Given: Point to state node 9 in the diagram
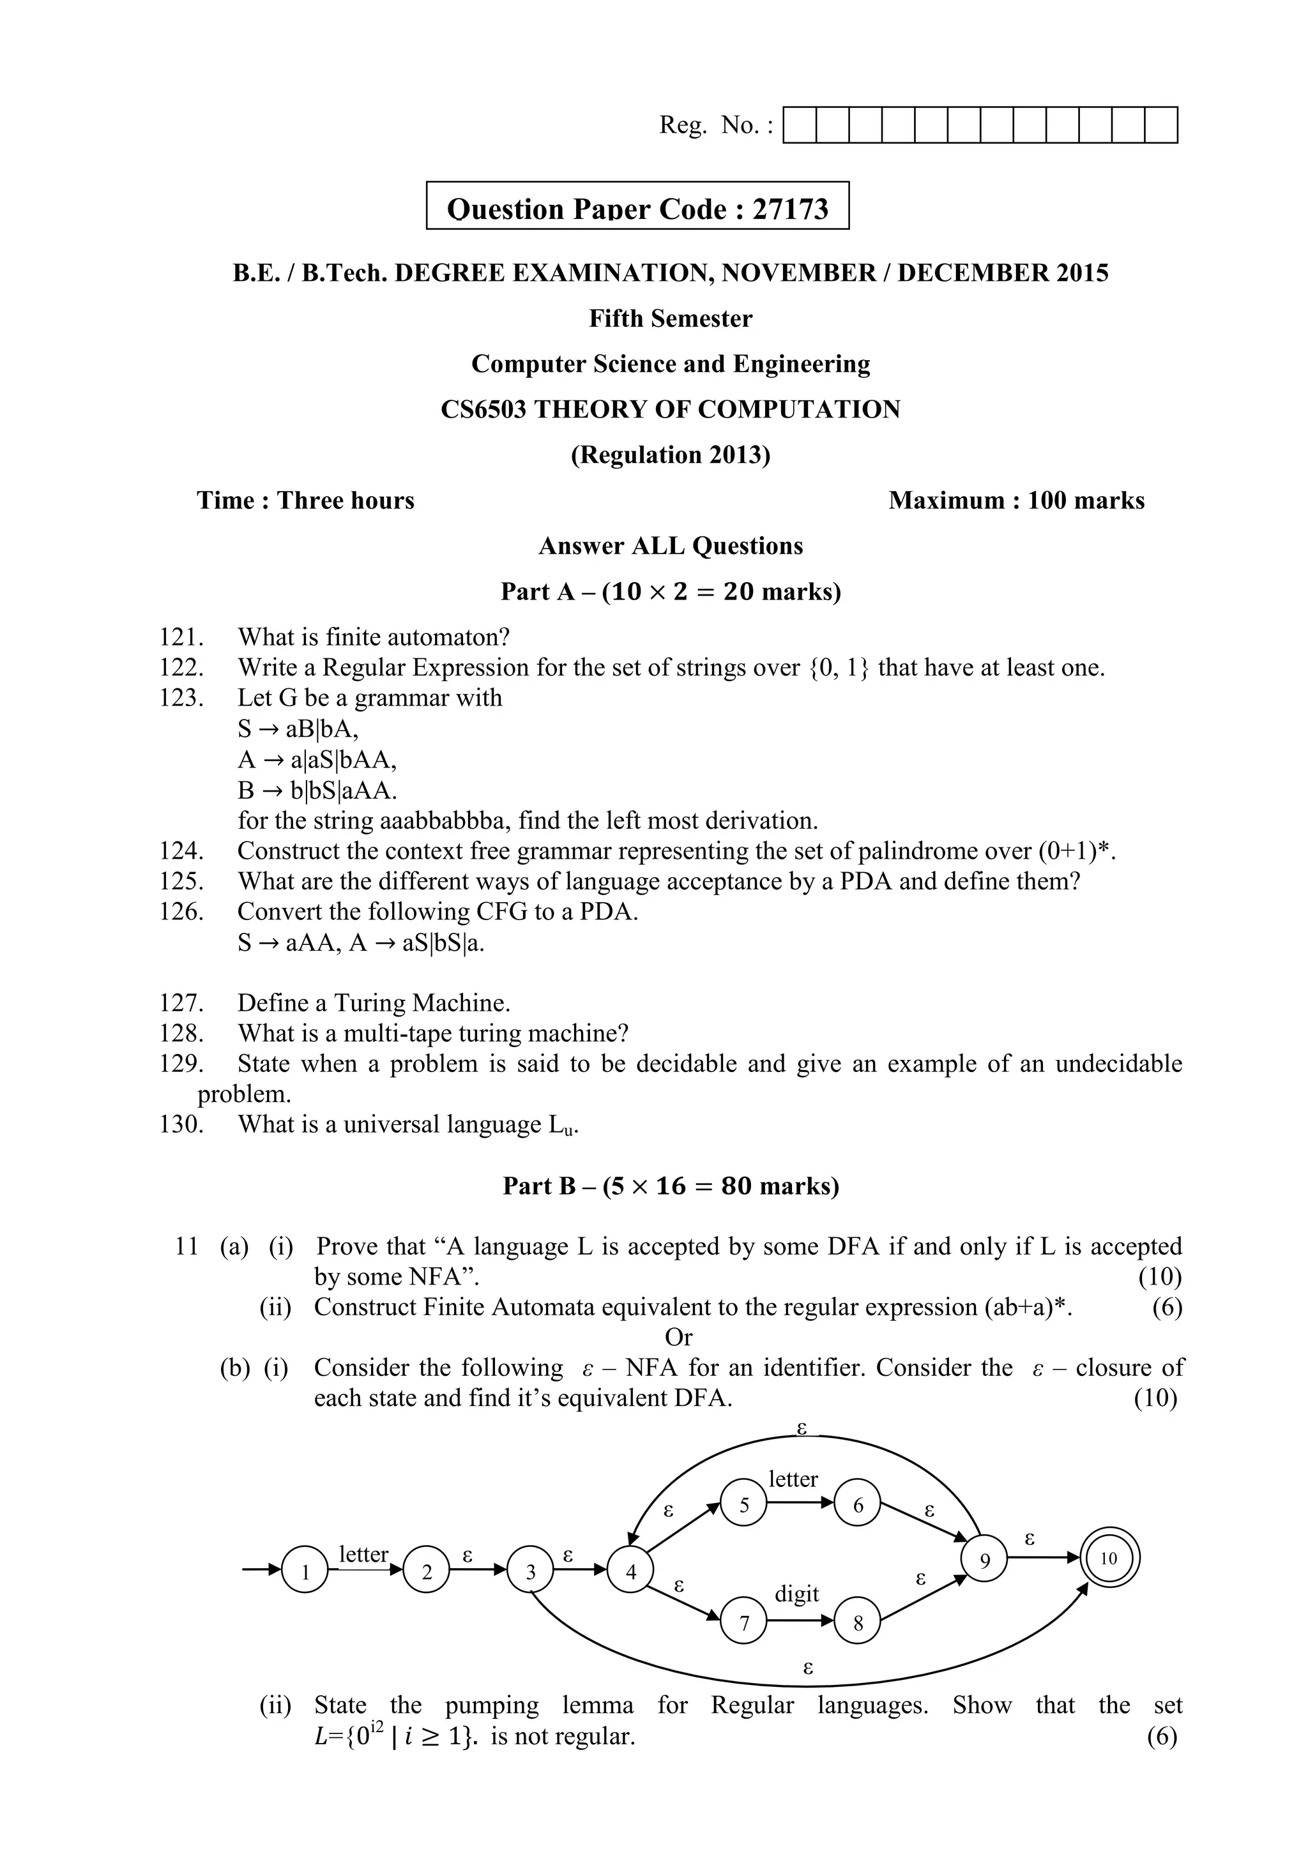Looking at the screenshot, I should (x=984, y=1560).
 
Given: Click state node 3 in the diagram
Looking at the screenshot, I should (x=530, y=1571).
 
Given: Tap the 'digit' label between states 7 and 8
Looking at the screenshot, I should (x=796, y=1594).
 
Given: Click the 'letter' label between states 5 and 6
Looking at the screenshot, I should (x=793, y=1479).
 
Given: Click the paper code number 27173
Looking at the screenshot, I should (x=790, y=209).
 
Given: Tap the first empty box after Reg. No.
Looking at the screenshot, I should (x=800, y=126).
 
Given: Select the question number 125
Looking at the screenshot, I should (x=180, y=881).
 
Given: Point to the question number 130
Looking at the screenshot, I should (x=180, y=1124).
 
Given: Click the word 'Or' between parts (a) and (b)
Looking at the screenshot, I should (x=678, y=1338).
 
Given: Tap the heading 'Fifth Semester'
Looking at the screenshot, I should (x=670, y=319).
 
